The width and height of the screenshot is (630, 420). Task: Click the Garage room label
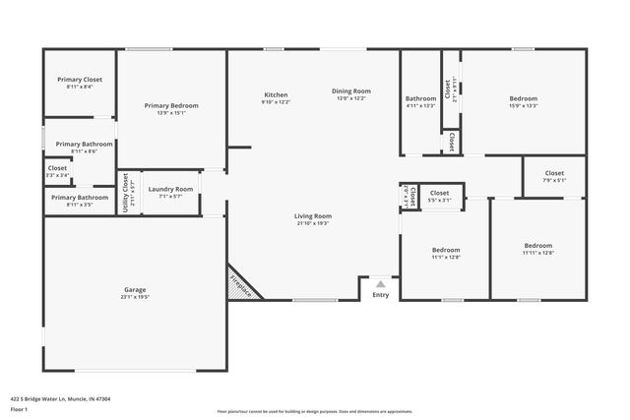(x=135, y=289)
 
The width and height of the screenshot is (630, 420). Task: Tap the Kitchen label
(x=276, y=94)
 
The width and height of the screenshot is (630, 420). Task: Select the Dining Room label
(x=350, y=90)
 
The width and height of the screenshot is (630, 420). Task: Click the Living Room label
(x=312, y=215)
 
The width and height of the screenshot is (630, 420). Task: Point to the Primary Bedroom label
(x=171, y=105)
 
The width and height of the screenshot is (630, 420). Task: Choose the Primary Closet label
(x=80, y=79)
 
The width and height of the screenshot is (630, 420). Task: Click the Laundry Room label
(x=170, y=188)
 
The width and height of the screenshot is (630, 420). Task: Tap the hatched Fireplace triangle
(x=239, y=285)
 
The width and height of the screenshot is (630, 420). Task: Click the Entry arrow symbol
(x=380, y=283)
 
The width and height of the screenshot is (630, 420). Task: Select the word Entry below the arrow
(x=380, y=295)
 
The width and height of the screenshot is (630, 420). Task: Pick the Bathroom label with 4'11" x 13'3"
(x=420, y=98)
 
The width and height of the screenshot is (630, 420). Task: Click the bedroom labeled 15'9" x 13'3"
(x=523, y=98)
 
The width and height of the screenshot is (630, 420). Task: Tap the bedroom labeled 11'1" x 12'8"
(x=445, y=250)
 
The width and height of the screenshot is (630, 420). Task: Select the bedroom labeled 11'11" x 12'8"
(x=537, y=245)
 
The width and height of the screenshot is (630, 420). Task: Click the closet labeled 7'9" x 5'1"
(x=556, y=173)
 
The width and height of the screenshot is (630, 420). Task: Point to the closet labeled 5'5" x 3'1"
(x=439, y=193)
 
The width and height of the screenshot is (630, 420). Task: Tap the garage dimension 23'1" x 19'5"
(x=135, y=296)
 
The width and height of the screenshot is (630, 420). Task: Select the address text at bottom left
(x=60, y=399)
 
